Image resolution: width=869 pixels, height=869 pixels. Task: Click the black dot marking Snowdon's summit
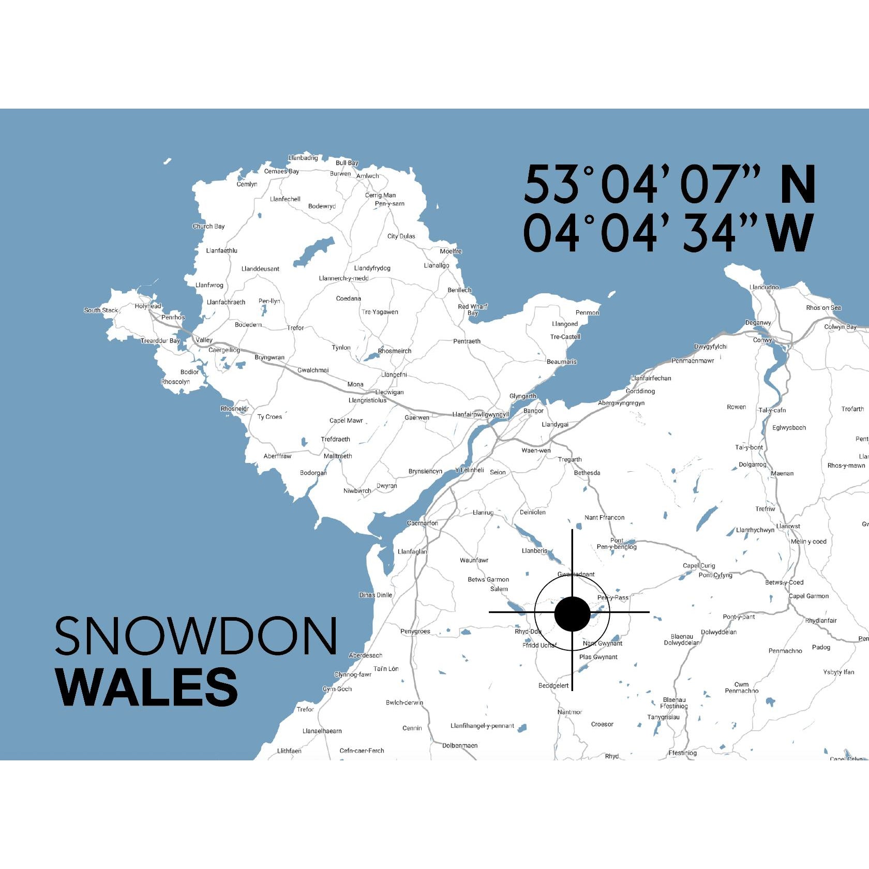pyautogui.click(x=572, y=614)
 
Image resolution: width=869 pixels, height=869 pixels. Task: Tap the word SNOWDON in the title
pyautogui.click(x=196, y=636)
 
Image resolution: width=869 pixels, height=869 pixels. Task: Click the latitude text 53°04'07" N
pyautogui.click(x=669, y=185)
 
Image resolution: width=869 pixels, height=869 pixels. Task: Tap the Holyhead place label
pyautogui.click(x=148, y=306)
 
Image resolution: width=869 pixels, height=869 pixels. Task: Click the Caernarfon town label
pyautogui.click(x=422, y=523)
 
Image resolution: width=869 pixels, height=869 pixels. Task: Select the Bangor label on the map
pyautogui.click(x=533, y=411)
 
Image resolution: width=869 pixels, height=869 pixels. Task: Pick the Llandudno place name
pyautogui.click(x=764, y=287)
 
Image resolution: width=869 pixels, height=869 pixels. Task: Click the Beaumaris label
pyautogui.click(x=561, y=362)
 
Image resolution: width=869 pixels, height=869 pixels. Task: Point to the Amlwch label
pyautogui.click(x=368, y=176)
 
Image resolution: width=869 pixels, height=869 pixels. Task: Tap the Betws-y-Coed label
pyautogui.click(x=784, y=582)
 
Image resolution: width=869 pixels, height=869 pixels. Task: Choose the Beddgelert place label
pyautogui.click(x=553, y=686)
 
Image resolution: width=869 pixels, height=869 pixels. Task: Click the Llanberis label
pyautogui.click(x=534, y=551)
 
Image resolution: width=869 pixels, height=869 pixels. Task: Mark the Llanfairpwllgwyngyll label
pyautogui.click(x=481, y=414)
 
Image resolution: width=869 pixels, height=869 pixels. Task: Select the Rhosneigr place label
pyautogui.click(x=235, y=409)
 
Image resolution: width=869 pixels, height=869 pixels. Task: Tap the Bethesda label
pyautogui.click(x=587, y=473)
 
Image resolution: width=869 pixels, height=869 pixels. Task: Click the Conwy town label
pyautogui.click(x=762, y=340)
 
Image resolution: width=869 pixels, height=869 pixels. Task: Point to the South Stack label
pyautogui.click(x=101, y=310)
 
